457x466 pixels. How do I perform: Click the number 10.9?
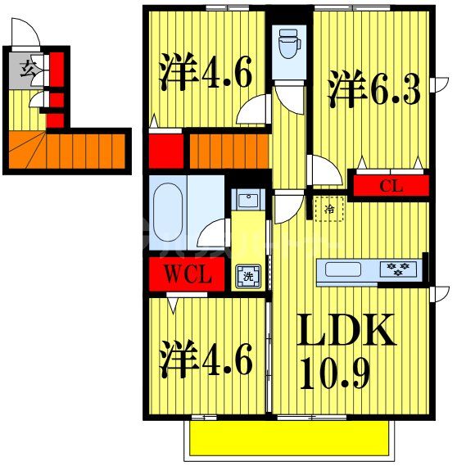tap(337, 373)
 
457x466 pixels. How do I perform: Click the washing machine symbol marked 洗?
tap(247, 276)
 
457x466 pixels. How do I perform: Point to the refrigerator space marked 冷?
tap(328, 209)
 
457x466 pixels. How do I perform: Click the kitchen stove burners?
tap(401, 268)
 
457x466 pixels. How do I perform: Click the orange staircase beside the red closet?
tap(229, 150)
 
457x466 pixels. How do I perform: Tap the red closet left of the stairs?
tap(165, 149)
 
